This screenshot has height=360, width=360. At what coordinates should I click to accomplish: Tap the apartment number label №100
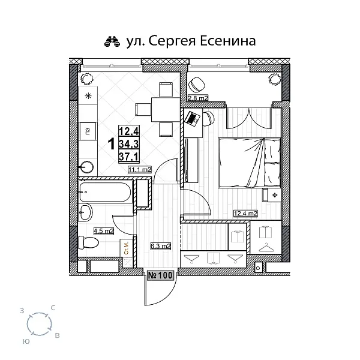click(x=160, y=275)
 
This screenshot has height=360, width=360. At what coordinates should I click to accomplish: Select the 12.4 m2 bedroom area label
click(x=245, y=213)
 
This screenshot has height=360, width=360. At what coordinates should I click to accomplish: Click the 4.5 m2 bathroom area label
click(x=104, y=229)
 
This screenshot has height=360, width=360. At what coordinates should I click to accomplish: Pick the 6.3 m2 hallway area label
click(x=160, y=245)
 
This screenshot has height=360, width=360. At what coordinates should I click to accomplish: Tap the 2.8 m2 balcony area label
click(x=197, y=97)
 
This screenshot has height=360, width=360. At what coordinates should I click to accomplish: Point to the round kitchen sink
click(x=88, y=166)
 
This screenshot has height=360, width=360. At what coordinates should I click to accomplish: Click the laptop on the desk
click(x=193, y=118)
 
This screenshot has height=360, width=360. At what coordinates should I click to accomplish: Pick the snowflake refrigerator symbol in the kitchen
click(x=88, y=96)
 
